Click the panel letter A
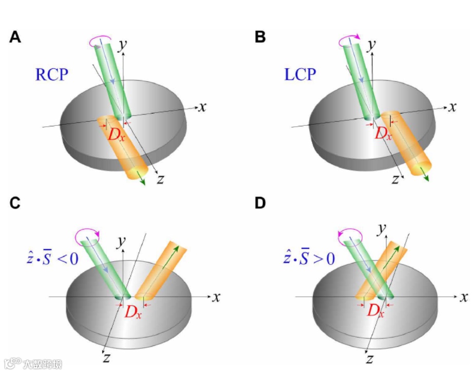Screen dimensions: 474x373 15,38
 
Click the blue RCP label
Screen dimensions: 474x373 51,75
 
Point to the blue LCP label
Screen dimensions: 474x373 300,75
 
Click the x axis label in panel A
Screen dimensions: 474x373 202,107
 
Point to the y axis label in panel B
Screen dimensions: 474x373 371,45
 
